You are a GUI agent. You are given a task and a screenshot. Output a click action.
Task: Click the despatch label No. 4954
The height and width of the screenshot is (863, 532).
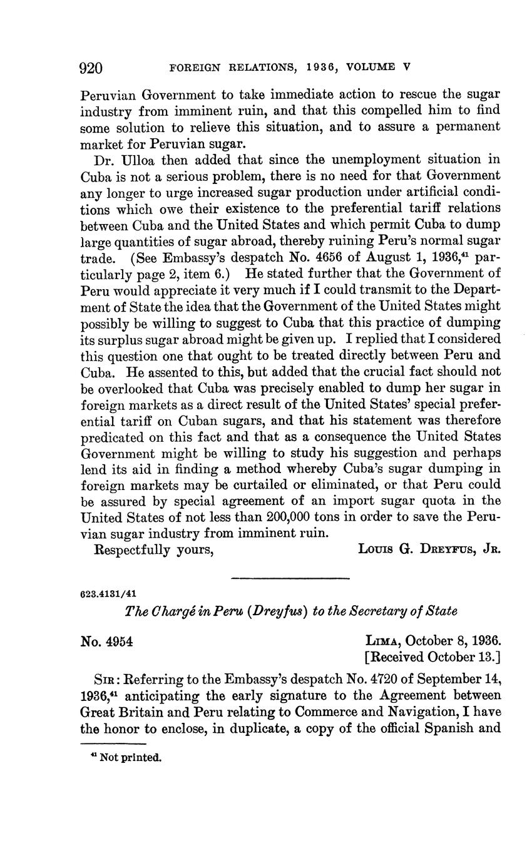(106, 641)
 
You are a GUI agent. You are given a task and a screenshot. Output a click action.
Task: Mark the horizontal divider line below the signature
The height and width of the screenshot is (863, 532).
(290, 578)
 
